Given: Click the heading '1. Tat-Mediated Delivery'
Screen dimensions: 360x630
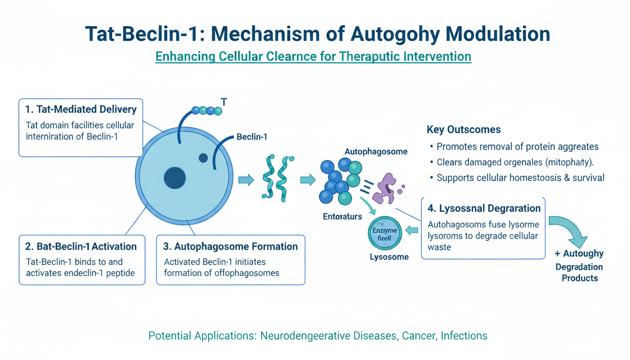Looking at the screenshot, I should click(x=81, y=110).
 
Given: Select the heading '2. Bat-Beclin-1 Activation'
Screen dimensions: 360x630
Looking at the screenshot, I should click(x=81, y=247).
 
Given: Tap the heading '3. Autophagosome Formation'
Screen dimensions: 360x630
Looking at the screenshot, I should click(x=231, y=247).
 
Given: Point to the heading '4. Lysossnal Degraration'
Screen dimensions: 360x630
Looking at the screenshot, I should click(x=484, y=208).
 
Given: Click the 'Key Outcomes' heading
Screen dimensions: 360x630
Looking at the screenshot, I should click(x=464, y=129).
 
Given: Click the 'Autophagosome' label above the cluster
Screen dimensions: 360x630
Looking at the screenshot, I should click(x=376, y=151).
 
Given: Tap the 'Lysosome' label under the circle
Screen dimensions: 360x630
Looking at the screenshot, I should click(x=389, y=257).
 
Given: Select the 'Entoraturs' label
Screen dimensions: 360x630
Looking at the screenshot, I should click(x=342, y=216).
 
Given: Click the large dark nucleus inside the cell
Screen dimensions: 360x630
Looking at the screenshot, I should click(x=174, y=178).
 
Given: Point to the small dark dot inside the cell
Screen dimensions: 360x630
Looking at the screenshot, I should click(x=203, y=158).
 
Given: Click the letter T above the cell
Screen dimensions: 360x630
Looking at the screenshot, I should click(x=224, y=102).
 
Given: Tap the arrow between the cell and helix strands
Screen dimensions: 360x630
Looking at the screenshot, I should click(x=246, y=180).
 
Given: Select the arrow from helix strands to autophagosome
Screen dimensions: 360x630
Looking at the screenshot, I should click(x=307, y=180).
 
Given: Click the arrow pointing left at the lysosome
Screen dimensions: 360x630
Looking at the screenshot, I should click(x=412, y=230).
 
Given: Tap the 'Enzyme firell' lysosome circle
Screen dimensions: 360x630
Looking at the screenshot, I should click(x=384, y=233).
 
